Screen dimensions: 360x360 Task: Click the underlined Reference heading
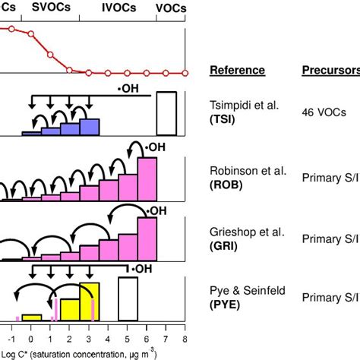237,71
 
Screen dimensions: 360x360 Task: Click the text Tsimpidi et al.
241,106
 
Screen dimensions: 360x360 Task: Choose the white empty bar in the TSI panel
166,114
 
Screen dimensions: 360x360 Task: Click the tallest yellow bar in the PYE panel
89,301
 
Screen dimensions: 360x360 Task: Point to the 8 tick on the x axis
185,339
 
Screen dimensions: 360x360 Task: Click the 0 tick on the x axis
31,339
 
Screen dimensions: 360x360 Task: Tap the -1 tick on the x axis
11,339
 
